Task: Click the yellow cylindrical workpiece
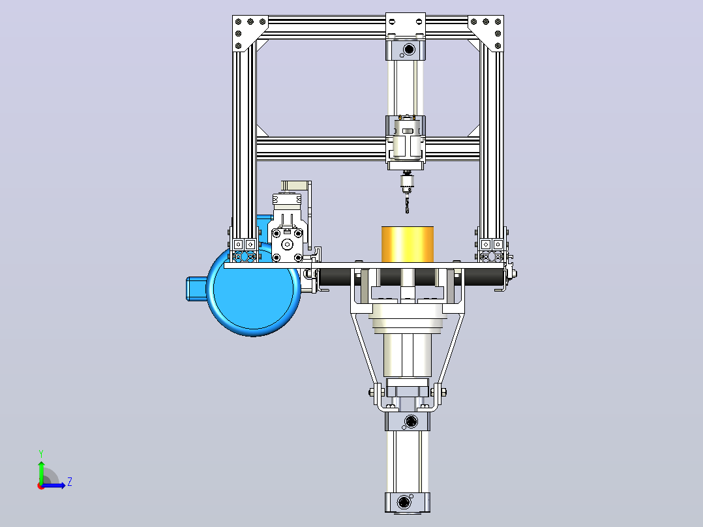[x=407, y=244]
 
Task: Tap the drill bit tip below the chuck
[x=407, y=213]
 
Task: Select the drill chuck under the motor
[x=407, y=183]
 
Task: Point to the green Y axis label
[x=41, y=453]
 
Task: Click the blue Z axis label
[x=70, y=482]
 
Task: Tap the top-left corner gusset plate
[x=246, y=31]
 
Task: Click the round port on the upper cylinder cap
[x=409, y=50]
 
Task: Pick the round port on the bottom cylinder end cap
[x=406, y=502]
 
